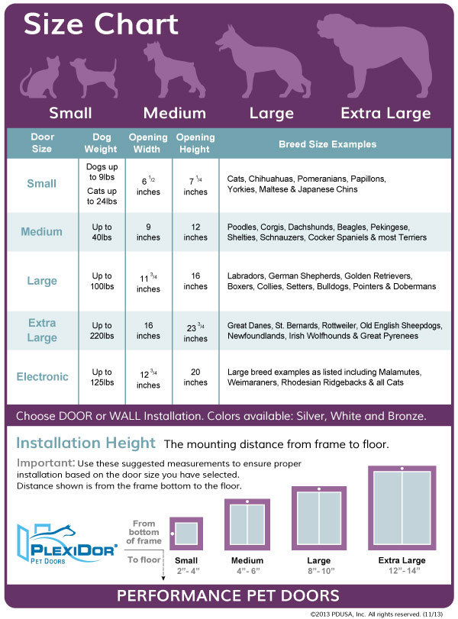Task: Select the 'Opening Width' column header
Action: (x=148, y=143)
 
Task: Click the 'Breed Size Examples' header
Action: (x=327, y=143)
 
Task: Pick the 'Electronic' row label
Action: (x=42, y=377)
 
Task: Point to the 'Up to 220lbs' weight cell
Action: (x=102, y=330)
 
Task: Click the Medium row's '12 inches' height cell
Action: (x=195, y=232)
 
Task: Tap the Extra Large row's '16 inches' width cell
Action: (x=148, y=330)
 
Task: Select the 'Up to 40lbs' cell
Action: (x=102, y=232)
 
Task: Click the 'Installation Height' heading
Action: (x=85, y=443)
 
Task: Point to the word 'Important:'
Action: (x=45, y=463)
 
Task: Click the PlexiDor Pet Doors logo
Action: (x=67, y=544)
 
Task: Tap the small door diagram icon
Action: (x=185, y=534)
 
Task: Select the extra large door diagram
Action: (x=402, y=507)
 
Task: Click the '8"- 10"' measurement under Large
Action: (x=319, y=570)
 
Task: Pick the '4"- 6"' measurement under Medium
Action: (x=247, y=570)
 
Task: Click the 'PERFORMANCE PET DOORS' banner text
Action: (x=229, y=595)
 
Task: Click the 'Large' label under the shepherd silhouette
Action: (x=271, y=114)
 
